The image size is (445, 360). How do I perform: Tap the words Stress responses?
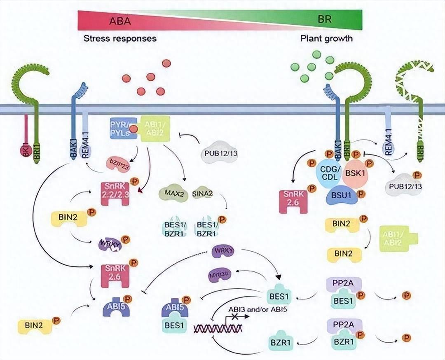120,39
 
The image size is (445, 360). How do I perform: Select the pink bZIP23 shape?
118,161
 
